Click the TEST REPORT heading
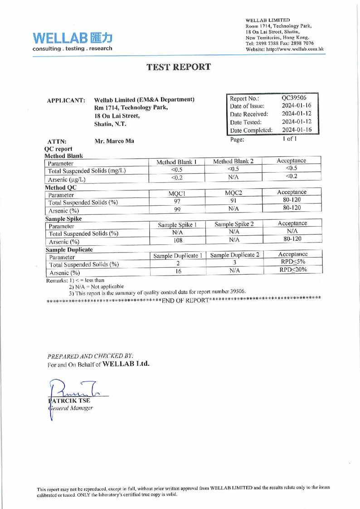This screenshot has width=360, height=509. [179, 67]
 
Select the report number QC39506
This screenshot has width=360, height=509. [293, 98]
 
